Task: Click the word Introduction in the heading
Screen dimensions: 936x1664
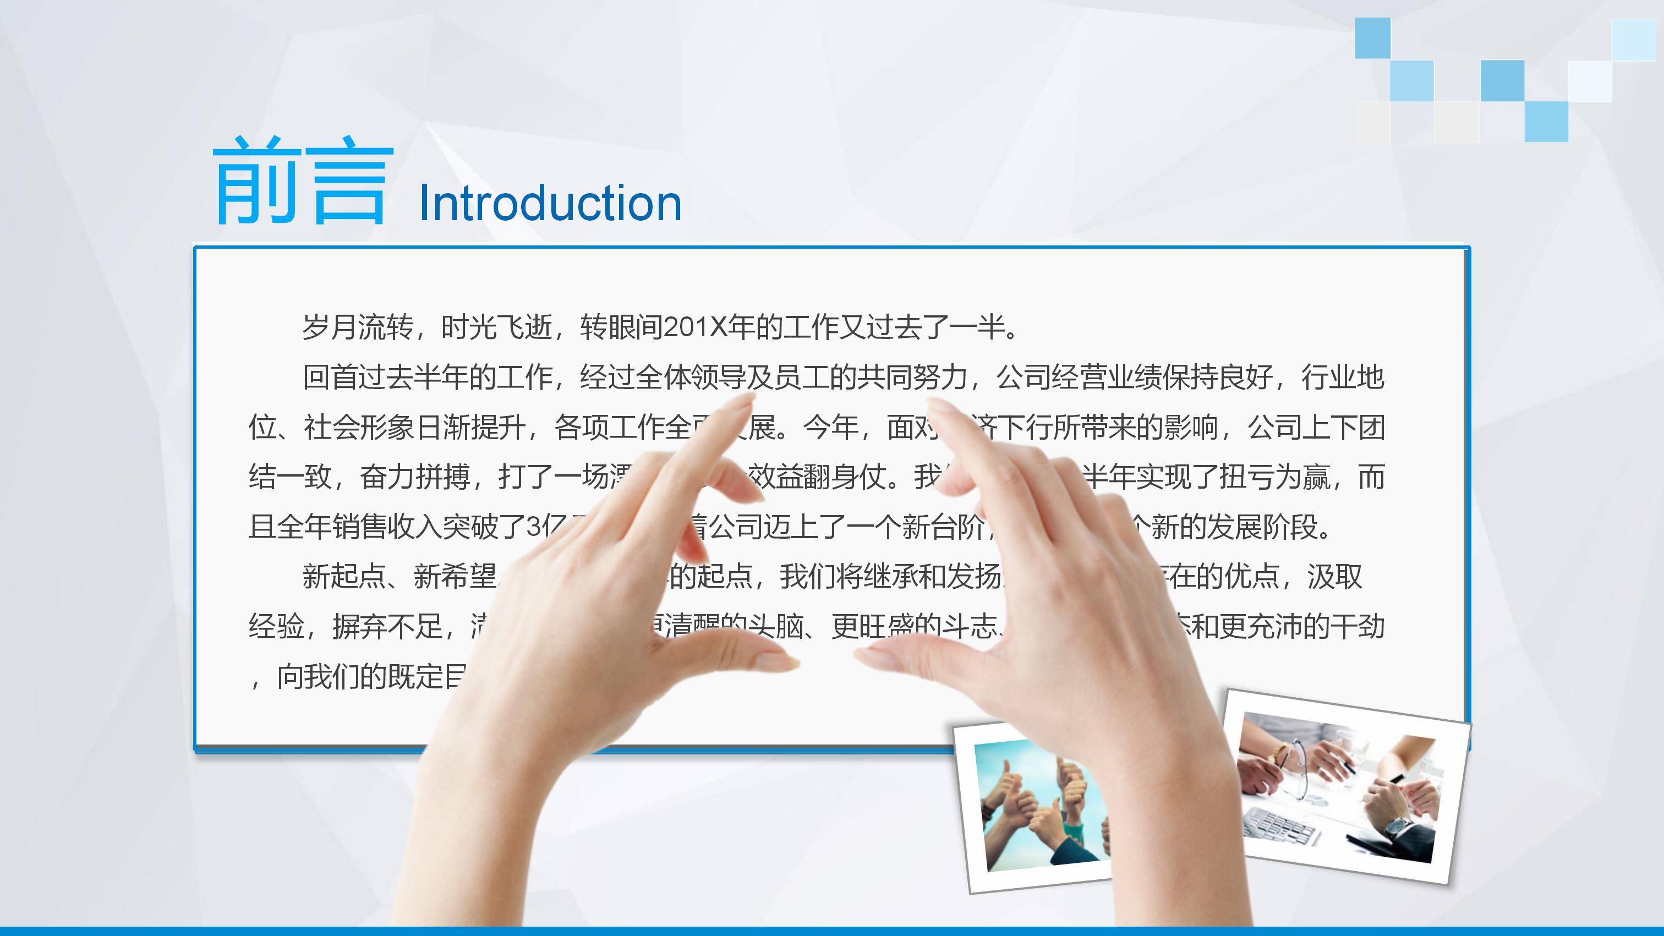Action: (x=550, y=203)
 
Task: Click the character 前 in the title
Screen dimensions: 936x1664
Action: (x=257, y=180)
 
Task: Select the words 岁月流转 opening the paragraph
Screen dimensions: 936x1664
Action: (x=357, y=327)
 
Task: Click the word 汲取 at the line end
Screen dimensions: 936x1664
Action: (x=1334, y=577)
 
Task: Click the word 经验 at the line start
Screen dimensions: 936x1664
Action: (x=276, y=627)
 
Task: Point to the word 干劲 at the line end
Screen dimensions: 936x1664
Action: (x=1356, y=627)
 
